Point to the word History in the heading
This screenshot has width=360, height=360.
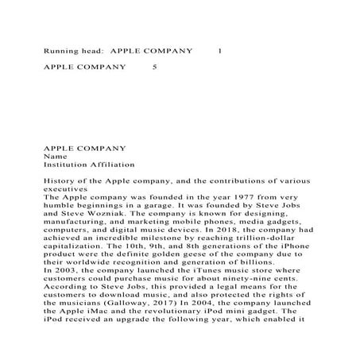click(57, 182)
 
